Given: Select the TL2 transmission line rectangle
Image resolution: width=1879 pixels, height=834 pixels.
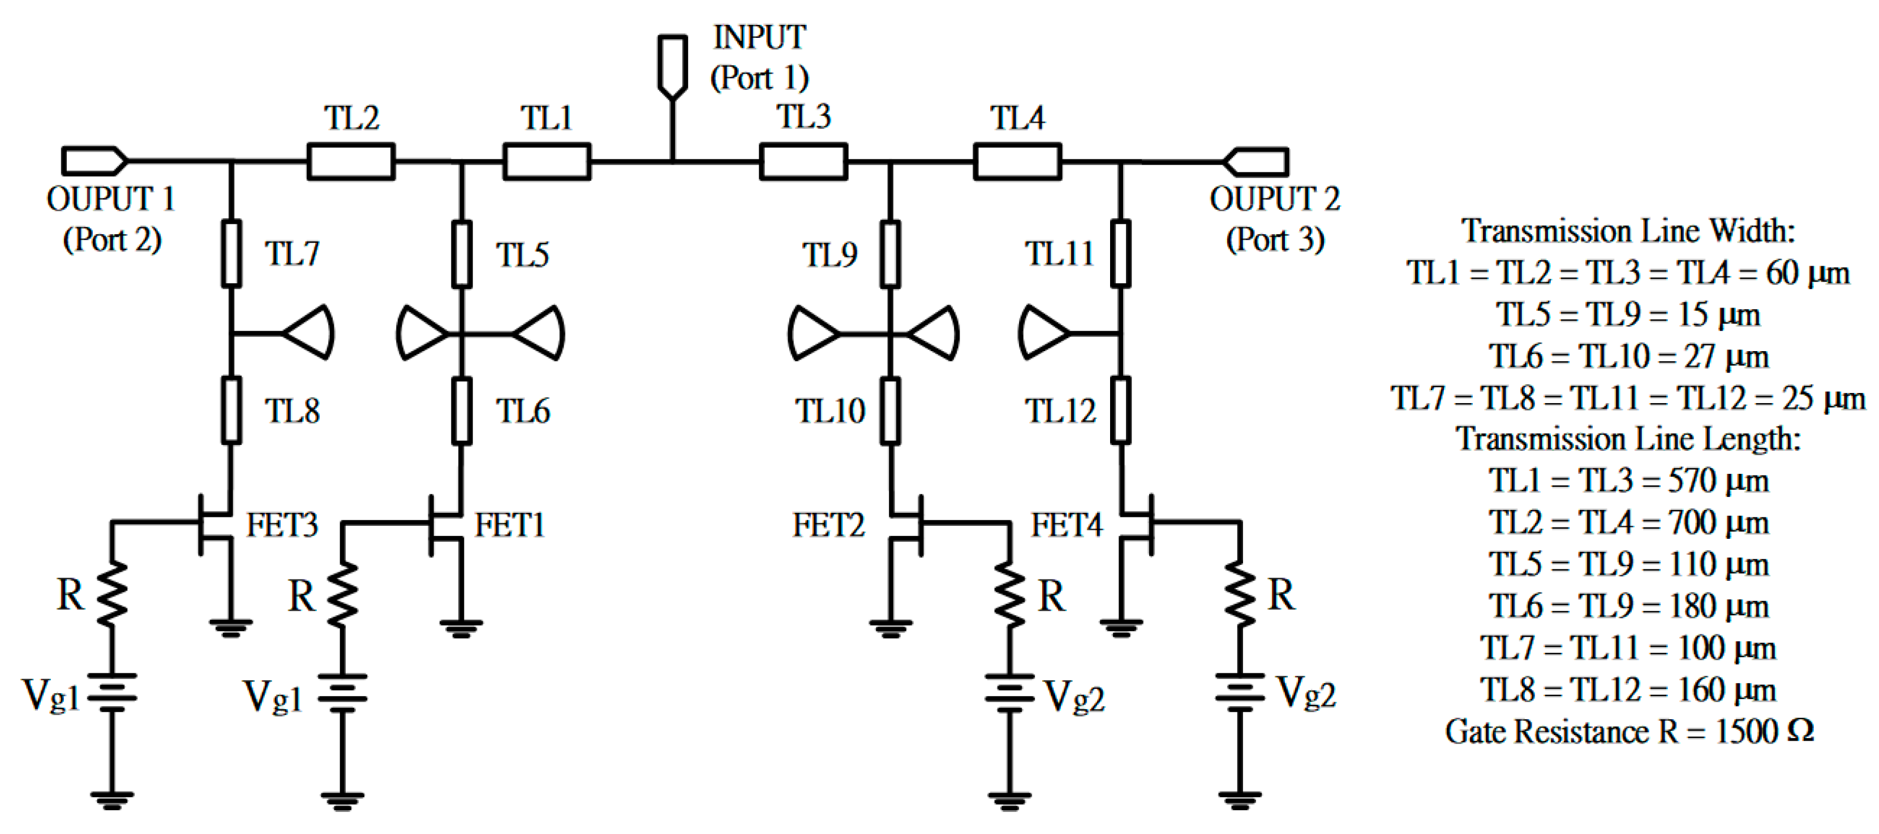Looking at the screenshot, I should coord(351,161).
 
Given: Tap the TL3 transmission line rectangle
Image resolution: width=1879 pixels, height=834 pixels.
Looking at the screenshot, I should coord(803,161).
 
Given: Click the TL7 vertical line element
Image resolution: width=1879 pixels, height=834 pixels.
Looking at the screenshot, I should coord(231,254).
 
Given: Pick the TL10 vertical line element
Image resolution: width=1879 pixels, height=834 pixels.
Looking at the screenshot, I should coord(890,410).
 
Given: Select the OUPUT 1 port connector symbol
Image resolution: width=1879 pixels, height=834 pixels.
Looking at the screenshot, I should coord(93,161).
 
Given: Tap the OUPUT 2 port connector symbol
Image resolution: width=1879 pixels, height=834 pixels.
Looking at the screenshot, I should coord(1256,161).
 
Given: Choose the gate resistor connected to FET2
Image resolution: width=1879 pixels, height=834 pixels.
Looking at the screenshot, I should coord(1009,594).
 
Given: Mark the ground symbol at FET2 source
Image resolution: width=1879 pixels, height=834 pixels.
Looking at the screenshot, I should coord(890,627).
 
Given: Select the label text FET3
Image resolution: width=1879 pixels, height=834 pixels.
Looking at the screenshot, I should coord(282,525).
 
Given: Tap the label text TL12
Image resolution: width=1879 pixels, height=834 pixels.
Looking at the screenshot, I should coord(1060,411).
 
